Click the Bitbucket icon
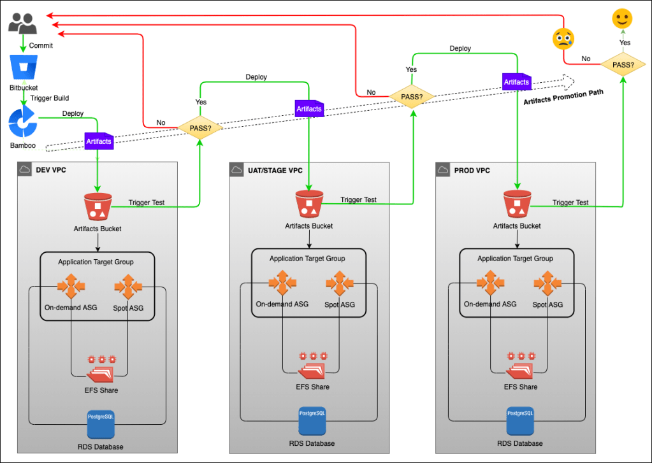24,68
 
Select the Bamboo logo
24,122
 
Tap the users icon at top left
23,25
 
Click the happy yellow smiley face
623,18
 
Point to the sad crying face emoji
563,39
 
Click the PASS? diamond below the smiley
623,64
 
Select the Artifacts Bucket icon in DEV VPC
98,207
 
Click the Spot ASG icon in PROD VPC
547,283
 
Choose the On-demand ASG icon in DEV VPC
71,287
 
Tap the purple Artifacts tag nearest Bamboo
99,141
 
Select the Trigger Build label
50,98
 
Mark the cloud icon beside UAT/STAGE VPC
237,170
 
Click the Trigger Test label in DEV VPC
147,203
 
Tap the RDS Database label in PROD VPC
520,443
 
